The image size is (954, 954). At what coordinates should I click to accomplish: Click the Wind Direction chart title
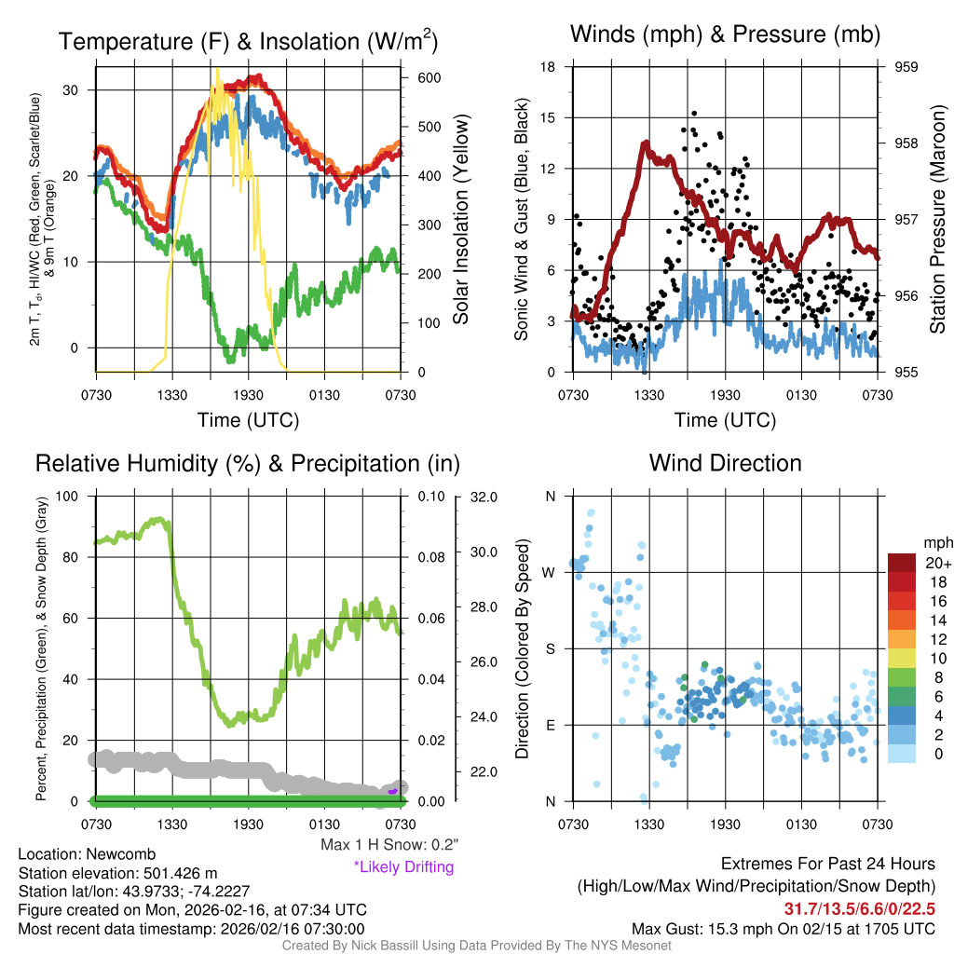(725, 463)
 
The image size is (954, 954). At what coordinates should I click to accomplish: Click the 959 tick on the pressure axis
(906, 67)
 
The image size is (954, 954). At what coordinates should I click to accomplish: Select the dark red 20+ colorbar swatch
(901, 563)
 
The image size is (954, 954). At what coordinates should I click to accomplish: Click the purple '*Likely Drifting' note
(403, 867)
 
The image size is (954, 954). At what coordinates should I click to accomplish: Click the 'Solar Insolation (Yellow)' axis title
(460, 220)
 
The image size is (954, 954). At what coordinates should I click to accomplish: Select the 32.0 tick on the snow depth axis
(481, 497)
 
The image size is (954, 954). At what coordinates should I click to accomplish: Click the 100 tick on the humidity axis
(69, 496)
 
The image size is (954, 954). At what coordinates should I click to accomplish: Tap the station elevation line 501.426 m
(117, 873)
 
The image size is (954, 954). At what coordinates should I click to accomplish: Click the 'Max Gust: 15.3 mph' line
(783, 929)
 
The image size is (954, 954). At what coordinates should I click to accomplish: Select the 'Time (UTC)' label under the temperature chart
(248, 420)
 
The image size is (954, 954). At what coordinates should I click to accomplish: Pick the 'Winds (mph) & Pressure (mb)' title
(725, 35)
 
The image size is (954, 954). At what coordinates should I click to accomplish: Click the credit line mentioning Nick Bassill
(477, 946)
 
